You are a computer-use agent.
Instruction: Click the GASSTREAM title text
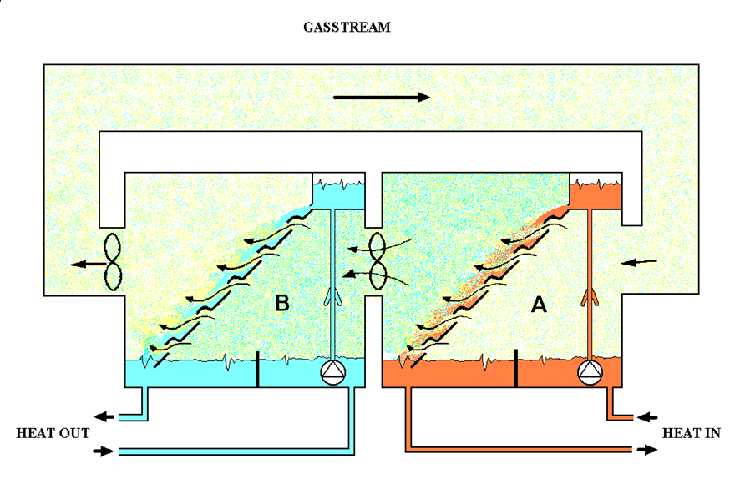[347, 28]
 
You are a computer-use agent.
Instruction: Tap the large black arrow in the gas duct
[381, 97]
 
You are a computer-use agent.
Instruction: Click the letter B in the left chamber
[282, 303]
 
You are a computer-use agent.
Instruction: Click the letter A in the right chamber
[540, 305]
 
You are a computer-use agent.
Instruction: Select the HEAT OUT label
[53, 434]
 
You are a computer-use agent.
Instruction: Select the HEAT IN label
[691, 434]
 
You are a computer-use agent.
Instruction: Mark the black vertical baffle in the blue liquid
[256, 370]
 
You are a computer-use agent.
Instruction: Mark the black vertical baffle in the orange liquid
[515, 370]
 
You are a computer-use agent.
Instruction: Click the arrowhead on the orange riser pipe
[591, 295]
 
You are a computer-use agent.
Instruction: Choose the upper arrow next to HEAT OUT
[104, 416]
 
